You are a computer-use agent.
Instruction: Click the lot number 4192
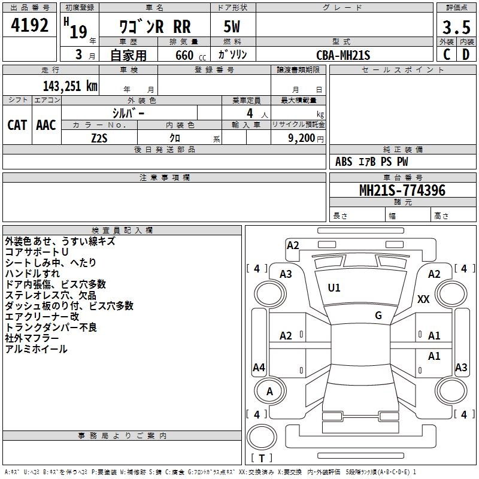click(29, 25)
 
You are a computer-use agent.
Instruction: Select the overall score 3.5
click(456, 27)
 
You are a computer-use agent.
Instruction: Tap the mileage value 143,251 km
click(70, 86)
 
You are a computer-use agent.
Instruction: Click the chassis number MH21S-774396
click(402, 190)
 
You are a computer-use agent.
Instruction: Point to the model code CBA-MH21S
click(343, 55)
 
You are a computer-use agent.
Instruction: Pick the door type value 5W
click(232, 26)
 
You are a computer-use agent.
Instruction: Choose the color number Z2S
click(99, 138)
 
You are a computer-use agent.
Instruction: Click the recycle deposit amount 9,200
click(302, 138)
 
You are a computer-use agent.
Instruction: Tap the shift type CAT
click(17, 125)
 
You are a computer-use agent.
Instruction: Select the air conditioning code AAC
click(46, 125)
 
